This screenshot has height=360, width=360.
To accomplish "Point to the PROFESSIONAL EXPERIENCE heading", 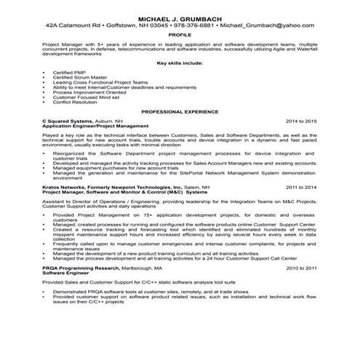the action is [x=180, y=112].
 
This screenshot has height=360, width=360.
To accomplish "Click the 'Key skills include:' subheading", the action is [x=180, y=63].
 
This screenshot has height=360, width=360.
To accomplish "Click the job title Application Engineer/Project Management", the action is [x=92, y=127].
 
